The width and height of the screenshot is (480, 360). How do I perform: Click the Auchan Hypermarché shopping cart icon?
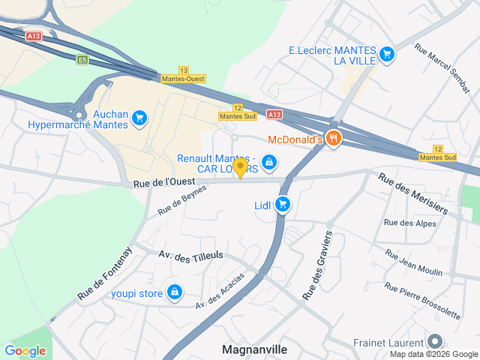click(x=139, y=118)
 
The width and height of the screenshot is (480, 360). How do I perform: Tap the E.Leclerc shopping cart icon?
click(x=386, y=53)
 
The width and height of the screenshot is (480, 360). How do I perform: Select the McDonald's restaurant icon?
click(x=334, y=138)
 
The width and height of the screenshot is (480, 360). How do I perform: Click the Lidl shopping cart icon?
click(x=283, y=203)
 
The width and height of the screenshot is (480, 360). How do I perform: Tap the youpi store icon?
click(x=175, y=292)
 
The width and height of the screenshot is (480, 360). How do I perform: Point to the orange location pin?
click(x=240, y=167)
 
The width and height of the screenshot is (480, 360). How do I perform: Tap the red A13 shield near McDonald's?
click(x=274, y=115)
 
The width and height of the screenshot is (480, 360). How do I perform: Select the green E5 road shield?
click(x=82, y=59)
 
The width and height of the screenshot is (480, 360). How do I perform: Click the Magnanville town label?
click(x=255, y=349)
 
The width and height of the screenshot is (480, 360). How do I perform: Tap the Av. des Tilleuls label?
click(x=191, y=256)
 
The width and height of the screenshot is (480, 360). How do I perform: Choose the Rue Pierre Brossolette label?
click(x=422, y=300)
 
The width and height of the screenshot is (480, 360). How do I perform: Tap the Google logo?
click(x=25, y=350)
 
